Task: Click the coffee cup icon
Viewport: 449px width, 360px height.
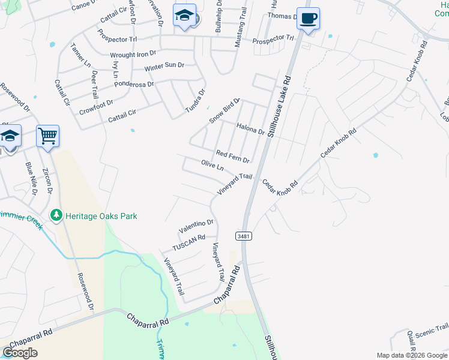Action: (x=308, y=19)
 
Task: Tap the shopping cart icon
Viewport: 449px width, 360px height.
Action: (x=47, y=135)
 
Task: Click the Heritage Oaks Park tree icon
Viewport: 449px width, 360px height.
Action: (x=56, y=215)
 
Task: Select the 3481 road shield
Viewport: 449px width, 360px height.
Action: (x=243, y=236)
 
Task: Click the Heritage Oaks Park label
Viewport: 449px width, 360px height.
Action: (x=101, y=216)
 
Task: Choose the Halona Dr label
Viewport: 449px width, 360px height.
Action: (x=250, y=128)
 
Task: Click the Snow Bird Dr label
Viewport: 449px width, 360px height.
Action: (x=224, y=111)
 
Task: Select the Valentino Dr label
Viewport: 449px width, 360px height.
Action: (x=196, y=226)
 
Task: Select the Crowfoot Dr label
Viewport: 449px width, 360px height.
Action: (x=96, y=106)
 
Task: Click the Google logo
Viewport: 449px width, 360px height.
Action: (x=20, y=353)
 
